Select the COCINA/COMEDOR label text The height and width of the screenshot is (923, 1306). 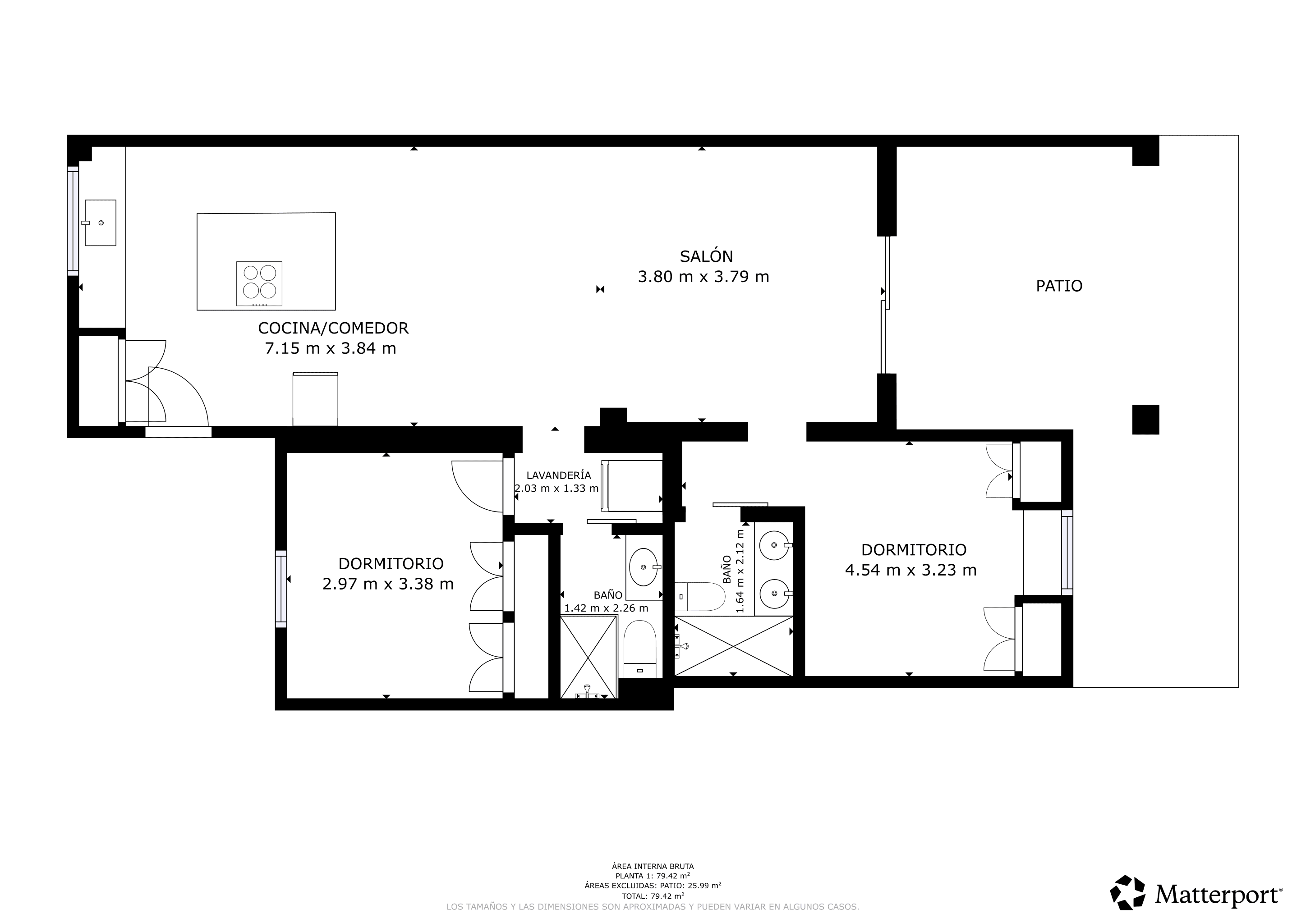coord(333,328)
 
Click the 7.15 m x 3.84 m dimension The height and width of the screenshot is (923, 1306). coord(331,348)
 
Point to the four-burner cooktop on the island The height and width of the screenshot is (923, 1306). coord(259,283)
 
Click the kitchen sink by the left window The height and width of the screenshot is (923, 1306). coord(101,223)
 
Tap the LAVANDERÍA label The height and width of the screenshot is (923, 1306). coord(559,475)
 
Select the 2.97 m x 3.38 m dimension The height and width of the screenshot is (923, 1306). coord(388,584)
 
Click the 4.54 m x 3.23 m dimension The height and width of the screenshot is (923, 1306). coord(911,570)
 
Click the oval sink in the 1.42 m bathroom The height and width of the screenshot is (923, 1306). coord(644,567)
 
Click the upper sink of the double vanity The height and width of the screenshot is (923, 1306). coord(774,545)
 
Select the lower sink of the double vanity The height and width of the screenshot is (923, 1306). coord(774,594)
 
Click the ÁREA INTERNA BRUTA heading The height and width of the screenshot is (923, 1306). coord(653,866)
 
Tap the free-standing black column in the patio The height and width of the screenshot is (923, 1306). coord(1145,420)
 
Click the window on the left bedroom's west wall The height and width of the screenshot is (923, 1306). coord(281,589)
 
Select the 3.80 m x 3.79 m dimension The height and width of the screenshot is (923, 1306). coord(703,277)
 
